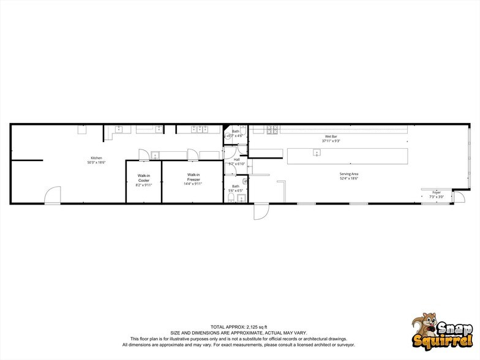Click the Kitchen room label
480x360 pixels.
[97, 158]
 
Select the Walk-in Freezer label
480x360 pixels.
[193, 176]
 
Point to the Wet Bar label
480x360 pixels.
[331, 136]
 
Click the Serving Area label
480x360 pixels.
[349, 174]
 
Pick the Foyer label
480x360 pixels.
[437, 192]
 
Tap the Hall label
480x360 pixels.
[236, 159]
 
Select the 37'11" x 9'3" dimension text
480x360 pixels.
[331, 141]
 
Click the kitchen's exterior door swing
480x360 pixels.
[51, 196]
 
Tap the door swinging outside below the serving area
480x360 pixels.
[261, 211]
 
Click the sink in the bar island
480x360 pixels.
[317, 152]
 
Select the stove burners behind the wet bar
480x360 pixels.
[272, 130]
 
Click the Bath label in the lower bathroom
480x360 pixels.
[236, 186]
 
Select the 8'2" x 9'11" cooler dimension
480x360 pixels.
[144, 185]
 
